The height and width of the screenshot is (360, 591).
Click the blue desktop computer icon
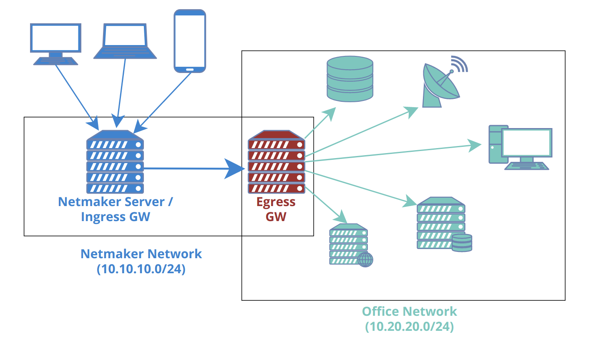(55, 44)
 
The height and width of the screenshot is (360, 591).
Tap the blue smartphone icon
(190, 41)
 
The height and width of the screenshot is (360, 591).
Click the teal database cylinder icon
(350, 79)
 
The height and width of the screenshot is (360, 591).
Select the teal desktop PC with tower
(520, 147)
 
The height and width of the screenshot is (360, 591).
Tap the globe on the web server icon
(365, 259)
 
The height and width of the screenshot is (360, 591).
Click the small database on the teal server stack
(462, 243)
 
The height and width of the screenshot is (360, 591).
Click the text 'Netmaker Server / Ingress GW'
(115, 209)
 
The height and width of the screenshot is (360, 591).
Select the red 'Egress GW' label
(276, 209)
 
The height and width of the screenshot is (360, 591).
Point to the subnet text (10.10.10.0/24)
(141, 269)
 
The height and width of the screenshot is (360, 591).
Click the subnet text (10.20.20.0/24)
(409, 326)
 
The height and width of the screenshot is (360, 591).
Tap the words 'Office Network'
(409, 311)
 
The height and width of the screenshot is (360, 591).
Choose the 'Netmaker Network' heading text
(141, 254)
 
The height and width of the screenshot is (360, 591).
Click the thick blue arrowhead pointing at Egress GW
(234, 169)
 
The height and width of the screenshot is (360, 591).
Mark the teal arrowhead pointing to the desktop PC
(475, 145)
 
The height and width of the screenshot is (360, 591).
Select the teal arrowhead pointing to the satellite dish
(412, 111)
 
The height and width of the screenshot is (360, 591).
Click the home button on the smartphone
(190, 69)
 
